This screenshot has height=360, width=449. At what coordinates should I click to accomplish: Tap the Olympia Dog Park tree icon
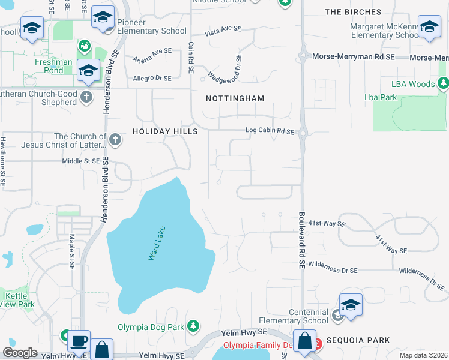click(193, 326)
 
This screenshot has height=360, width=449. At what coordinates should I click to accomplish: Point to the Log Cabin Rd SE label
click(270, 131)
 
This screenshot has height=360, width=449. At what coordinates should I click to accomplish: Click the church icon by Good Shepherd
click(87, 97)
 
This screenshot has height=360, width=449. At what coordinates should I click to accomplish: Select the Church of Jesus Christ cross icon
click(115, 140)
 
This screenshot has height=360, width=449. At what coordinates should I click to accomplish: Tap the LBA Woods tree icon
click(444, 84)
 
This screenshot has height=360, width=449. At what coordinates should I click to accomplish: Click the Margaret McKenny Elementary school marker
click(429, 28)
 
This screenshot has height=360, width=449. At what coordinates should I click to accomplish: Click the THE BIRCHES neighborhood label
click(352, 12)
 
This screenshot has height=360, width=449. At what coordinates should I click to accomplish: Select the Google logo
click(20, 352)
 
